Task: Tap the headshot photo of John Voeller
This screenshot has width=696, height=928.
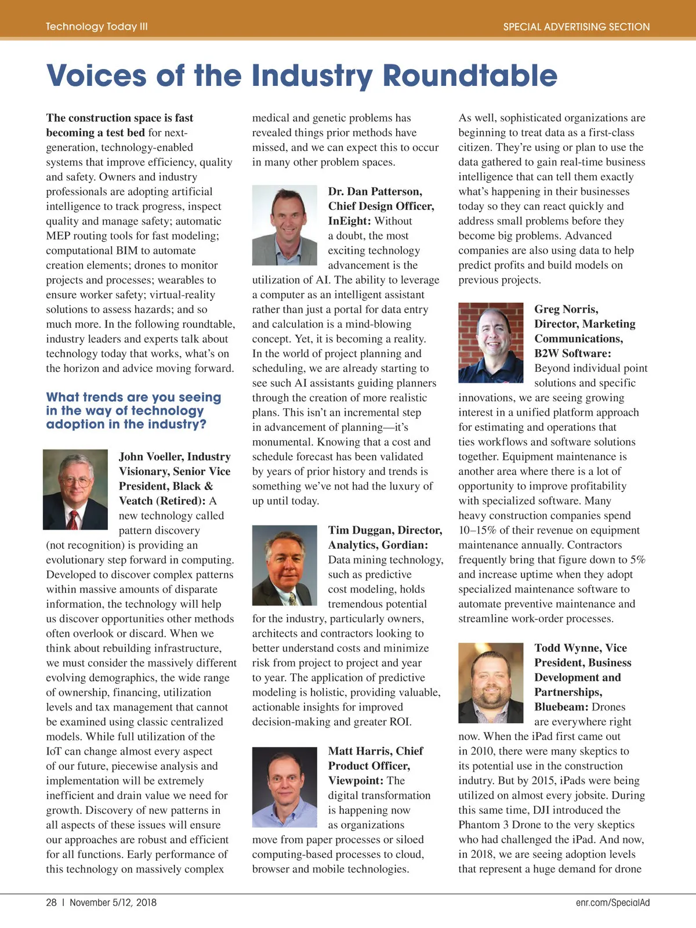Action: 75,489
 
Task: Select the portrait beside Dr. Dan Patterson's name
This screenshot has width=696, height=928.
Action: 285,225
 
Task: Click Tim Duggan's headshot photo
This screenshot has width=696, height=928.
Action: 285,565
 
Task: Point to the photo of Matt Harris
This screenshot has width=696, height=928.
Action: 285,787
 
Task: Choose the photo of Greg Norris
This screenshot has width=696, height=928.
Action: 491,342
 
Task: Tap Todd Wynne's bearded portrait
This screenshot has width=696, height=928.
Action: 491,683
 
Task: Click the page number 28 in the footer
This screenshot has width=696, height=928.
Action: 52,902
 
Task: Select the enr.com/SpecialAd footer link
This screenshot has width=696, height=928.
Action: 612,902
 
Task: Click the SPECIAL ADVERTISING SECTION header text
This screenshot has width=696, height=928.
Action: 576,27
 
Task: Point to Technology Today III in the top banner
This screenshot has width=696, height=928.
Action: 97,27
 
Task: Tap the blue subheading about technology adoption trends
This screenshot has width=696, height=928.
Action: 133,411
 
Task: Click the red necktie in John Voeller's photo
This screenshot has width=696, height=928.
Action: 72,519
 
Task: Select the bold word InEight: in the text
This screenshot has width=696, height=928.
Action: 349,221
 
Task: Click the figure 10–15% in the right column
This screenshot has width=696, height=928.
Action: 478,531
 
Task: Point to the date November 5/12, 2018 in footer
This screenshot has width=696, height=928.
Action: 113,902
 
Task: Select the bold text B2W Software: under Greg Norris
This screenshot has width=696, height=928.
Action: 572,354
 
